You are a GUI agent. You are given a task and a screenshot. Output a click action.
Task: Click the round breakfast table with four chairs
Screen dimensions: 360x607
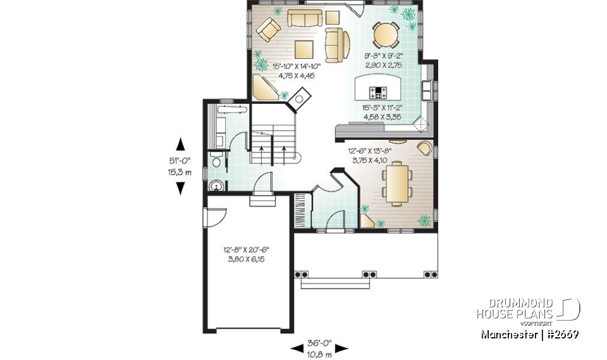(385, 35)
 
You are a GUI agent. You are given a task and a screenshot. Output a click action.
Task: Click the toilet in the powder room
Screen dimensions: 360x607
(216, 163)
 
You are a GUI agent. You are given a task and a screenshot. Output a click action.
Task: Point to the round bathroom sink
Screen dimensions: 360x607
(216, 186)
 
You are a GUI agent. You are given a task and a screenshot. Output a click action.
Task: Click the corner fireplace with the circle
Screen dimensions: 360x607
(299, 99)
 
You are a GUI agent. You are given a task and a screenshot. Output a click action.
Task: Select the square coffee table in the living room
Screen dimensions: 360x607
(303, 49)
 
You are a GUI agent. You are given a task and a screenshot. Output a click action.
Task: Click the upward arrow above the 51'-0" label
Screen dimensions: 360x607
(180, 143)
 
